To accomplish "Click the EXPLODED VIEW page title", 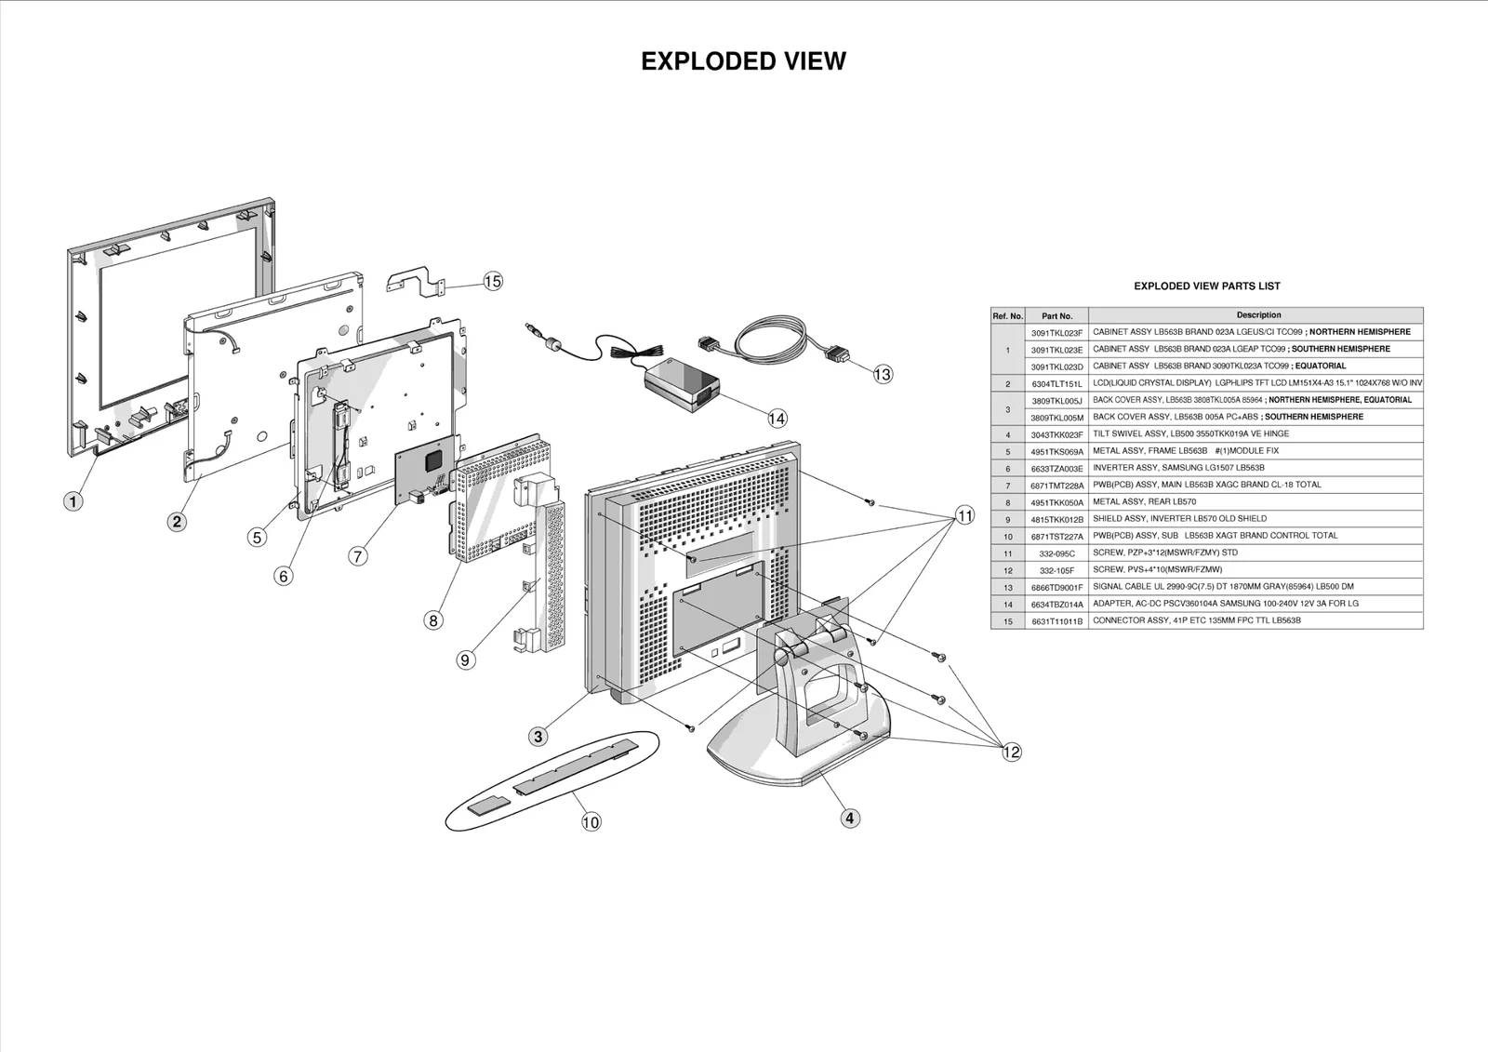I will pyautogui.click(x=743, y=61).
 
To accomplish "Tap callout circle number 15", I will pyautogui.click(x=493, y=281).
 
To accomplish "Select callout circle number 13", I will pyautogui.click(x=883, y=374).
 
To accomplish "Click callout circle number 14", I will pyautogui.click(x=777, y=419).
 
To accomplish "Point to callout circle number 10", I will pyautogui.click(x=591, y=821).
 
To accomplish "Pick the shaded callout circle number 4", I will pyautogui.click(x=850, y=819).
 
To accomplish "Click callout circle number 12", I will pyautogui.click(x=1012, y=752).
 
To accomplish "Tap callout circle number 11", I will pyautogui.click(x=965, y=515).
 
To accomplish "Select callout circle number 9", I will pyautogui.click(x=467, y=659).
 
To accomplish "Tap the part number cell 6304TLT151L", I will pyautogui.click(x=1056, y=383).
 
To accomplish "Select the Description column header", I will pyautogui.click(x=1257, y=315).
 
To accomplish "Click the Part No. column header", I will pyautogui.click(x=1056, y=316).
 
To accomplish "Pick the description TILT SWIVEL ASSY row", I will pyautogui.click(x=1190, y=434).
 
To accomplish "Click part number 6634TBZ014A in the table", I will pyautogui.click(x=1056, y=605).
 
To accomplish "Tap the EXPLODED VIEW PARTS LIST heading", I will pyautogui.click(x=1206, y=286).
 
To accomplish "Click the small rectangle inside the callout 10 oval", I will pyautogui.click(x=489, y=806).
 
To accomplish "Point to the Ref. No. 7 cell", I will pyautogui.click(x=1007, y=486).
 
